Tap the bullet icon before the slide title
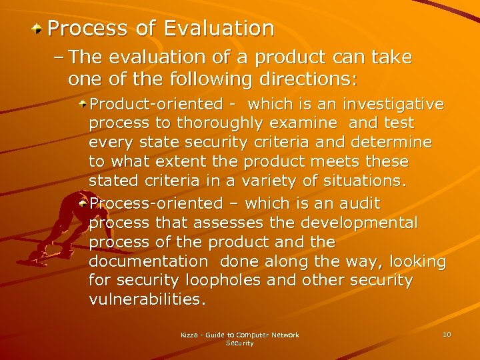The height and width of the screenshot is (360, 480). [39, 29]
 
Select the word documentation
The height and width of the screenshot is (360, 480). [149, 261]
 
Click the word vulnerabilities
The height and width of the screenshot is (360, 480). [147, 300]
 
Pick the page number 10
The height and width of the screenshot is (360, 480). [447, 334]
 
